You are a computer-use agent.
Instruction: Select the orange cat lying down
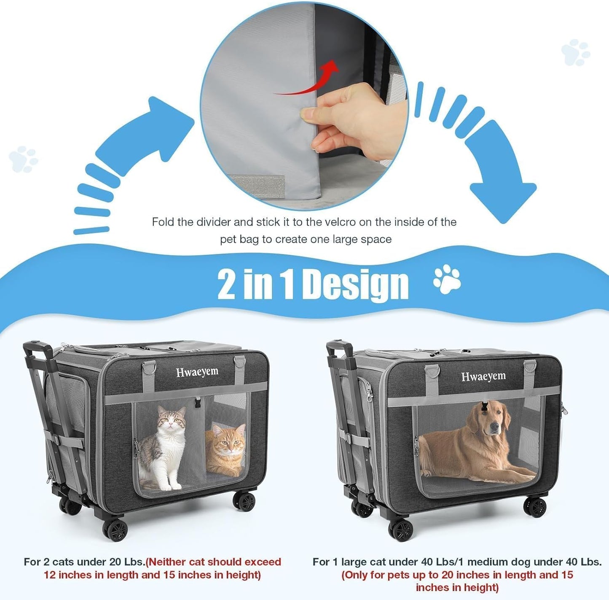click(x=225, y=451)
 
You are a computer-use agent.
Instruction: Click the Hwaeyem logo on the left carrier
click(x=197, y=372)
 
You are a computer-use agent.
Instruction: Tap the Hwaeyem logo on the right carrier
click(x=483, y=376)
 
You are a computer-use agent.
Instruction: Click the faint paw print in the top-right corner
click(x=575, y=52)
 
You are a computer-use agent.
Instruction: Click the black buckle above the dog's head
click(x=484, y=408)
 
